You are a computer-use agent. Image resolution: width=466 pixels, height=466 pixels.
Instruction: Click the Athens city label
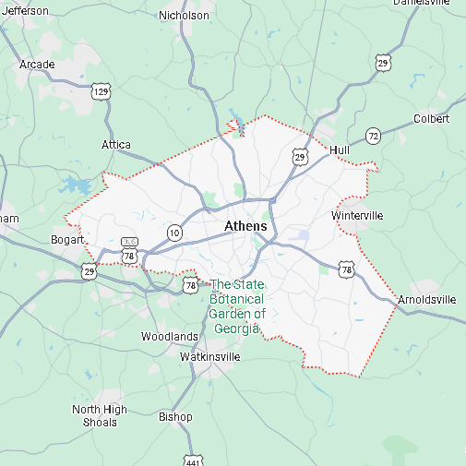[x=245, y=226]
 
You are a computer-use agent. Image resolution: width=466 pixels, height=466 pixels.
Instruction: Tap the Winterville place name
[x=356, y=216]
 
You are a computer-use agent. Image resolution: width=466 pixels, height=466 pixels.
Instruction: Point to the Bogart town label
[x=68, y=239]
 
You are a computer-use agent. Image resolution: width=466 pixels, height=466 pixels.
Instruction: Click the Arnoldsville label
[x=426, y=300]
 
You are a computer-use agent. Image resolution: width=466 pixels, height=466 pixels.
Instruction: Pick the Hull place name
[x=340, y=149]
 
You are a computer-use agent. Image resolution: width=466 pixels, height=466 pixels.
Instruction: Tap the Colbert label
[x=431, y=119]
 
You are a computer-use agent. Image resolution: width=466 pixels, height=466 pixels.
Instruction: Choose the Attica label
[x=115, y=145]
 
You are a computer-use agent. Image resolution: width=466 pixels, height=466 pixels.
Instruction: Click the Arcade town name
[x=37, y=65]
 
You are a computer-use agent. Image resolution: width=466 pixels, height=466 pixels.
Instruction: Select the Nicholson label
[x=184, y=15]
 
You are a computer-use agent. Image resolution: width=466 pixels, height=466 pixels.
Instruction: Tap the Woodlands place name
[x=169, y=336]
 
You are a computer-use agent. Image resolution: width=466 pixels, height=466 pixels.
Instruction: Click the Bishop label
[x=175, y=417]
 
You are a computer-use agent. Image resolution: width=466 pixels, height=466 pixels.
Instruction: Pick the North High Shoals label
[x=100, y=416]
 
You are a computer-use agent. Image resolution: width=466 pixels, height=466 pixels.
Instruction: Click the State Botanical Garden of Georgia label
[x=238, y=307]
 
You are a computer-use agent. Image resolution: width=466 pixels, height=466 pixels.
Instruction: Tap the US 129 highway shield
[x=102, y=91]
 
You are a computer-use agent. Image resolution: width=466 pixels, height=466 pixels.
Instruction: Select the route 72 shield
[x=373, y=137]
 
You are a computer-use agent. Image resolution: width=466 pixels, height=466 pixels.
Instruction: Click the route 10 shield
[x=174, y=232]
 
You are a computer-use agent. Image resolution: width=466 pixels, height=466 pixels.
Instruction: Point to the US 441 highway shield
[x=193, y=460]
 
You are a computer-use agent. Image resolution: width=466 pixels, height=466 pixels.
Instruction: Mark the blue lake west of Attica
[x=77, y=185]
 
